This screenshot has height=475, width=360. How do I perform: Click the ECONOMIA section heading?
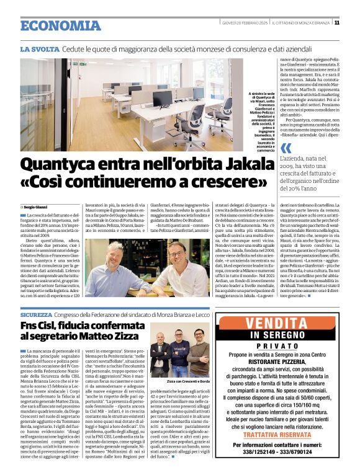[x=52, y=25]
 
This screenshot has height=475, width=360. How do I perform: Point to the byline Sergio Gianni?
[x=35, y=189]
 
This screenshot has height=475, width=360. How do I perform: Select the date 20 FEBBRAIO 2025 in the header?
[x=251, y=23]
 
